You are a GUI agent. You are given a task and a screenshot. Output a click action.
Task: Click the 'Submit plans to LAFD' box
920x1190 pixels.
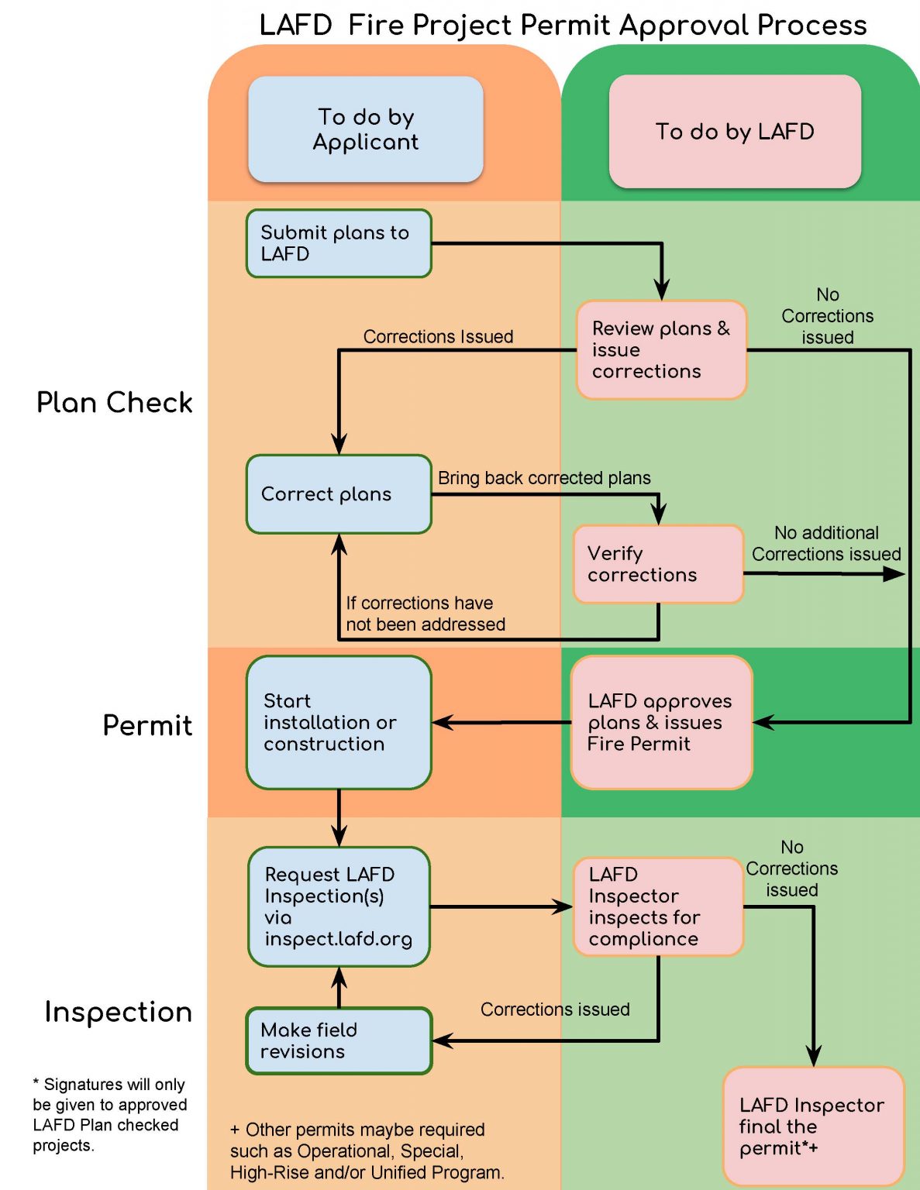point(339,243)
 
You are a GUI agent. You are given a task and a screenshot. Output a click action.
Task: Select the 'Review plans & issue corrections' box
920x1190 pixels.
point(661,350)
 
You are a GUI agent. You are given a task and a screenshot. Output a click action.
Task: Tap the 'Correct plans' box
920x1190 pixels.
point(339,494)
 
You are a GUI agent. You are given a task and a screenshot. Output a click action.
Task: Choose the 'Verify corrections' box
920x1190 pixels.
point(658,564)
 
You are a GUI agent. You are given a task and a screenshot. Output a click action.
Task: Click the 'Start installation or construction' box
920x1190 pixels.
point(339,723)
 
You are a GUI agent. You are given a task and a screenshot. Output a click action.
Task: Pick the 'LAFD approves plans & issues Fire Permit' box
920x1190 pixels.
point(661,723)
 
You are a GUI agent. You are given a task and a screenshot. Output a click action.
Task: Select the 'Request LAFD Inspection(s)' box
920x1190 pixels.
point(339,906)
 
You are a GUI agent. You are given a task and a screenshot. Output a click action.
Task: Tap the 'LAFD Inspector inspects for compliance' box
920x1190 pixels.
point(658,906)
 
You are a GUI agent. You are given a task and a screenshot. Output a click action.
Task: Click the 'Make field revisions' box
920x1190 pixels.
point(339,1041)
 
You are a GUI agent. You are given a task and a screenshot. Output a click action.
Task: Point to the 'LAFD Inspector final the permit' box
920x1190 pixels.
point(813,1126)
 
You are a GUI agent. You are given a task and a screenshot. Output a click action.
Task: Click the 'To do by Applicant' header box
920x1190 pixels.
point(366,129)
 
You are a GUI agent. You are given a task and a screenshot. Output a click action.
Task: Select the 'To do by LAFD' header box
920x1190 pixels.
point(735,132)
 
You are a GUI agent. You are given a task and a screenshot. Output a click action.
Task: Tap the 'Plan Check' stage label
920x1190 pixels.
point(115,403)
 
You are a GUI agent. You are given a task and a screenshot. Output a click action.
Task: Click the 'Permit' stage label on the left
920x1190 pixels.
point(147,726)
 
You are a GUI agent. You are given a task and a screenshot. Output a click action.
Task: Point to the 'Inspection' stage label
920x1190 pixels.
point(118,1013)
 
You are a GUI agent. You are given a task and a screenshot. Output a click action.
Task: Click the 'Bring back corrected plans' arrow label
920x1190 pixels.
point(544,478)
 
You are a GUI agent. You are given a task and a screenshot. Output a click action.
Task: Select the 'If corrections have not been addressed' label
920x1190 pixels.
point(425,614)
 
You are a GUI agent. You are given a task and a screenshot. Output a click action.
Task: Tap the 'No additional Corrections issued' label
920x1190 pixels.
point(826,543)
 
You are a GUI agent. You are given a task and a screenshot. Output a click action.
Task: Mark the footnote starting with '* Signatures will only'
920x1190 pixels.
point(109,1114)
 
